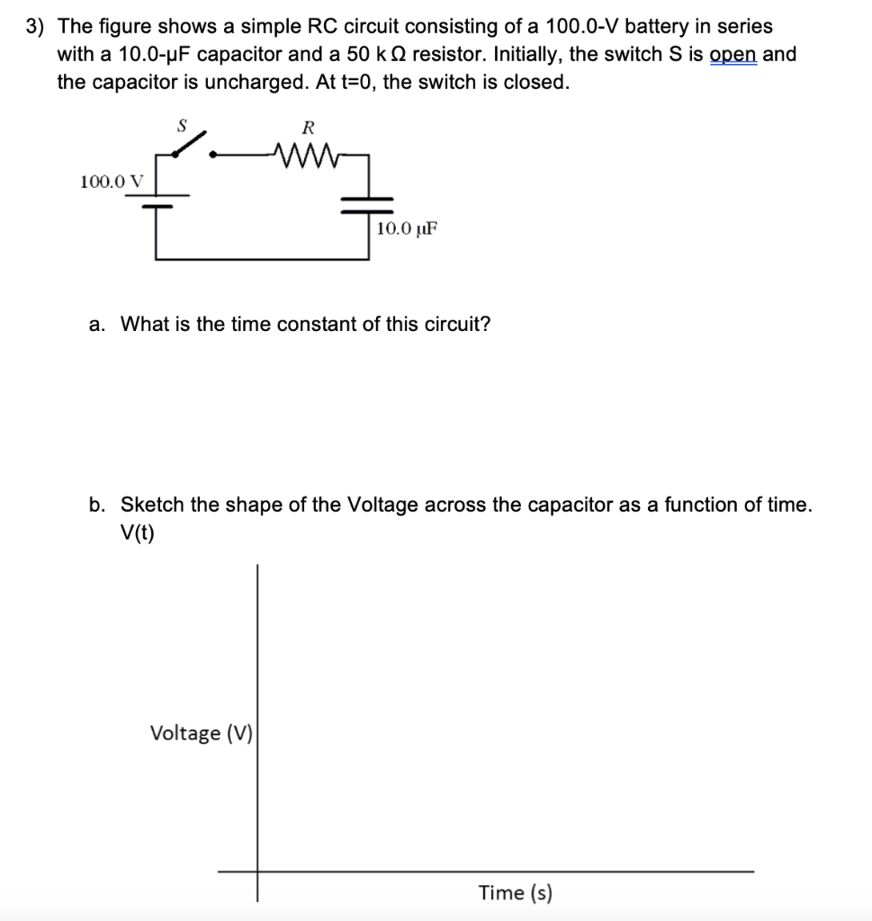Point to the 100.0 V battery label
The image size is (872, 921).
click(112, 182)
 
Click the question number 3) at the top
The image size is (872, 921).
click(35, 27)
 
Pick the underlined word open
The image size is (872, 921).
click(733, 54)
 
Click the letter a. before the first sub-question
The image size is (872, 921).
click(98, 324)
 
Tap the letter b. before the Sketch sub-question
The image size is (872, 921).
click(98, 505)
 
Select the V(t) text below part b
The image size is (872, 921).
click(137, 533)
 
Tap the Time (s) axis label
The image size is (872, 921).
click(516, 893)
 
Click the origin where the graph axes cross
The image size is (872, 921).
click(257, 871)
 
